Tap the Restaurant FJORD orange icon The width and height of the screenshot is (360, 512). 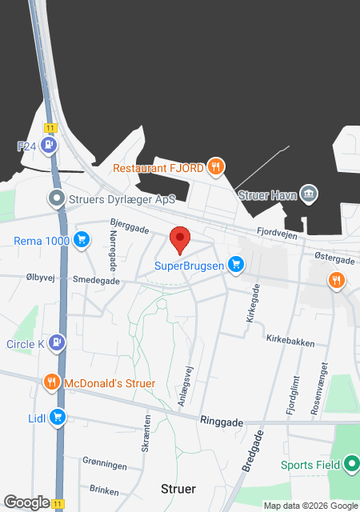click(x=215, y=167)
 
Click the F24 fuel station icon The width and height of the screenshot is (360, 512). click(x=50, y=146)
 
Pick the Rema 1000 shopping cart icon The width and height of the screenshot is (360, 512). click(x=81, y=239)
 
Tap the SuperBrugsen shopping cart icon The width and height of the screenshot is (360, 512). click(x=235, y=264)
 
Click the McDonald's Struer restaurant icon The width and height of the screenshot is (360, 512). click(x=51, y=382)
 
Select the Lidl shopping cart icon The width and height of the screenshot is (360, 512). click(x=57, y=417)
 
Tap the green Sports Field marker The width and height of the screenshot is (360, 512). click(x=351, y=464)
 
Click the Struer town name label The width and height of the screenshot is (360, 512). click(x=178, y=488)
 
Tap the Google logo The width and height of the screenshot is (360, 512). click(x=26, y=502)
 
